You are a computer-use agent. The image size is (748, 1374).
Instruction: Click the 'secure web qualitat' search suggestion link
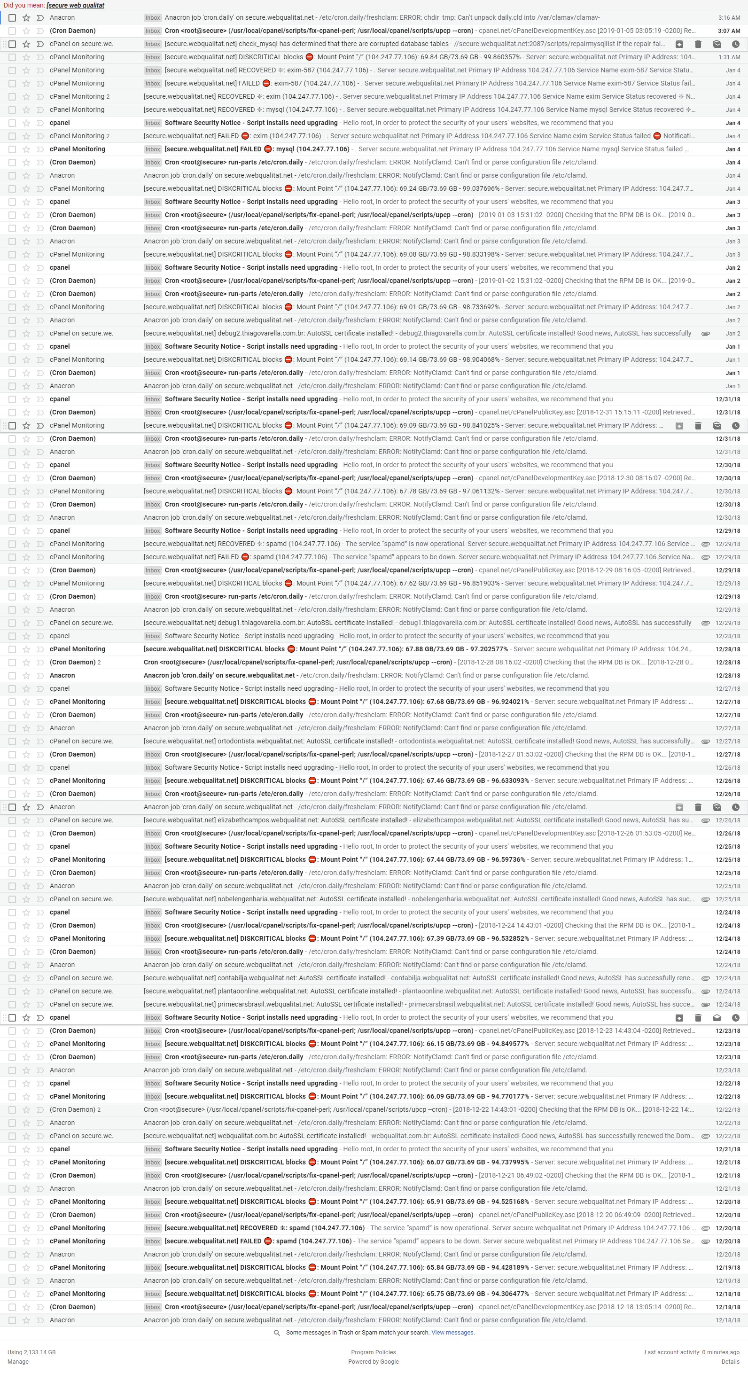pos(76,5)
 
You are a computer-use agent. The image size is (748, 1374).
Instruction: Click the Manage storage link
pos(18,1361)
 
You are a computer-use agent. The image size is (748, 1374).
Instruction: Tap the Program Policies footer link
pos(373,1352)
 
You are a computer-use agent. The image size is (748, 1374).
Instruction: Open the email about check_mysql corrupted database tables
pos(373,44)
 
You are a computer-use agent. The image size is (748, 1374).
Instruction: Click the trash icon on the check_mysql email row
pos(698,44)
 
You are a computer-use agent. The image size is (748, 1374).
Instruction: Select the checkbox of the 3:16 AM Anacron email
pos(12,17)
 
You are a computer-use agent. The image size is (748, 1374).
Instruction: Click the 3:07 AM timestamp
pos(728,31)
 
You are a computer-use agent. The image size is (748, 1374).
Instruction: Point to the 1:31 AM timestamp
pos(729,57)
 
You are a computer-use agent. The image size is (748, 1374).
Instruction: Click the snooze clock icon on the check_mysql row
pos(735,44)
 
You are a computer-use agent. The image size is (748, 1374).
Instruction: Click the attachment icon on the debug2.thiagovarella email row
pos(705,333)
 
